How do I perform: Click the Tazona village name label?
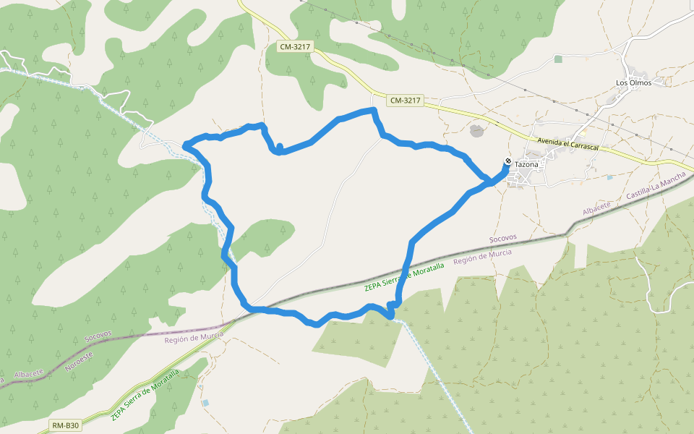[526, 164]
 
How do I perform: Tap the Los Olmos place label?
[633, 82]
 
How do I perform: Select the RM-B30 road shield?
[65, 425]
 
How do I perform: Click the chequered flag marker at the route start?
[508, 161]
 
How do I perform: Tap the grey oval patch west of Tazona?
[476, 130]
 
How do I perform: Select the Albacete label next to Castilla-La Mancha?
[597, 208]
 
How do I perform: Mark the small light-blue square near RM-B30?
[206, 402]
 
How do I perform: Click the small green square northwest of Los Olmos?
[557, 59]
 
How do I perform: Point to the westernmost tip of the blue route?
[185, 145]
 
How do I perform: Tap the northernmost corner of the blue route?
[374, 110]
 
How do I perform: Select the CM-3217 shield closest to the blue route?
[404, 101]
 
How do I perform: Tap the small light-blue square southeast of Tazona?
[609, 177]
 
